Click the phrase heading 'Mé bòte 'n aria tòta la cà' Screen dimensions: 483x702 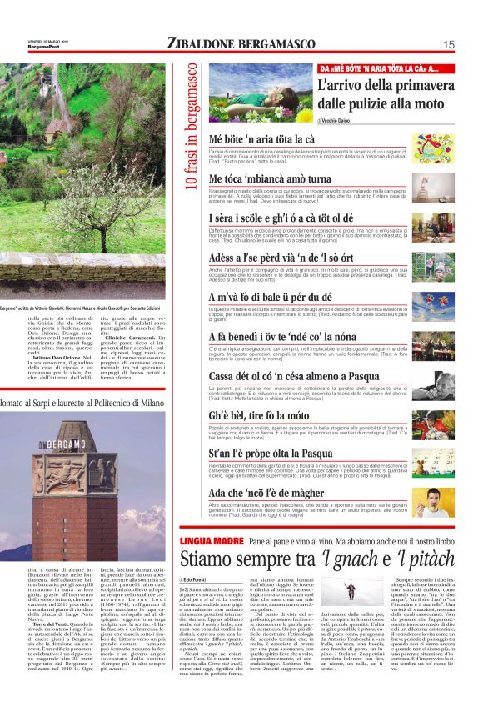pyautogui.click(x=261, y=138)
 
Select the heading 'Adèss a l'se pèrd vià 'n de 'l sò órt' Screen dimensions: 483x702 pyautogui.click(x=283, y=259)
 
